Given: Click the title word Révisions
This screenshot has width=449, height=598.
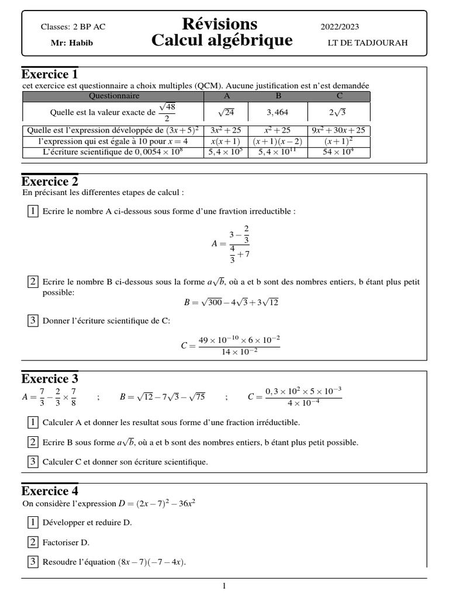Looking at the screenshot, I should [x=219, y=24].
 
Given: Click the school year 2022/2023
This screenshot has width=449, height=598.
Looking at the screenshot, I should [x=340, y=27].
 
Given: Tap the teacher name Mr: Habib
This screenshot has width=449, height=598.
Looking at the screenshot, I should [x=72, y=43].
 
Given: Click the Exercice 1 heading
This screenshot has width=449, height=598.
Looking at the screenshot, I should [x=50, y=75].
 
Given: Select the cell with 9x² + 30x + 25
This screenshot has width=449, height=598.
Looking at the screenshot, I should [x=339, y=131].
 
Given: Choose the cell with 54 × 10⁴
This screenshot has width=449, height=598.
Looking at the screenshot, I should [x=339, y=152].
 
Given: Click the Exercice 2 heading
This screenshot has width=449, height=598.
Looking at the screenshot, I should [x=50, y=181].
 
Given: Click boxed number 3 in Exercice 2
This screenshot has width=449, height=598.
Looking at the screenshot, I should [x=33, y=320].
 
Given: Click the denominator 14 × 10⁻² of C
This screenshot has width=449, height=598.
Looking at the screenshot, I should [x=239, y=352].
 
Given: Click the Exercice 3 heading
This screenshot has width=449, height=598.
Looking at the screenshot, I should [x=50, y=378].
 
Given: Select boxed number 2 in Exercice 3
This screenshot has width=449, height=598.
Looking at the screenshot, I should [x=33, y=442].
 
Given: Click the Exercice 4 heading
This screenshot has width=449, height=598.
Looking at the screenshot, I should [x=50, y=491].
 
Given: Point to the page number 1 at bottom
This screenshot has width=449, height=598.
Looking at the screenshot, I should [x=224, y=586].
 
